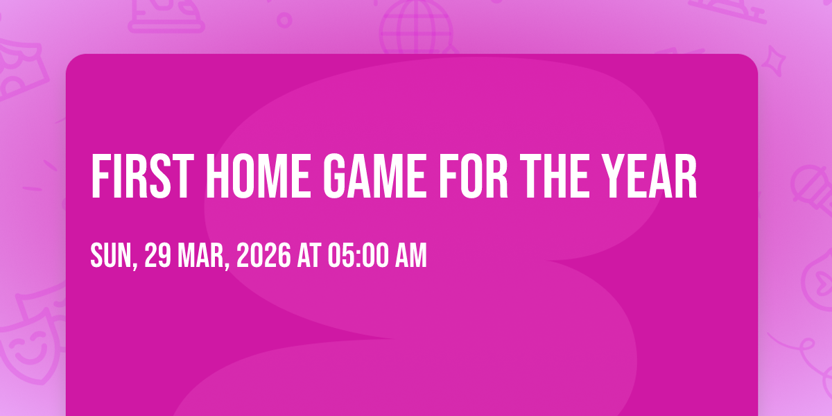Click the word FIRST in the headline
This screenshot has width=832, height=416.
pyautogui.click(x=143, y=176)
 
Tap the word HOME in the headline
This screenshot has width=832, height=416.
pyautogui.click(x=259, y=176)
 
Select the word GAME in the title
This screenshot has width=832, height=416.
pyautogui.click(x=375, y=176)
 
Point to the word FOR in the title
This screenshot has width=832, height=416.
pyautogui.click(x=474, y=176)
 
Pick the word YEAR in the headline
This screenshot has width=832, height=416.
pyautogui.click(x=649, y=176)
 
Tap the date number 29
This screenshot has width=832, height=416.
pyautogui.click(x=158, y=255)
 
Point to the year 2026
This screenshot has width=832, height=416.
pyautogui.click(x=263, y=255)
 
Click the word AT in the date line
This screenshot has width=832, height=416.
pyautogui.click(x=309, y=255)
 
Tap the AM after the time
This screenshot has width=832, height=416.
pyautogui.click(x=410, y=255)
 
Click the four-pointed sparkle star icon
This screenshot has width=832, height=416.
pyautogui.click(x=773, y=60)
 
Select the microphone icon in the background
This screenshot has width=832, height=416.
pyautogui.click(x=812, y=189)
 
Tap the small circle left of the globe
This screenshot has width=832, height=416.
pyautogui.click(x=284, y=20)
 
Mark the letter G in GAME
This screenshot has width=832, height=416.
pyautogui.click(x=334, y=176)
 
